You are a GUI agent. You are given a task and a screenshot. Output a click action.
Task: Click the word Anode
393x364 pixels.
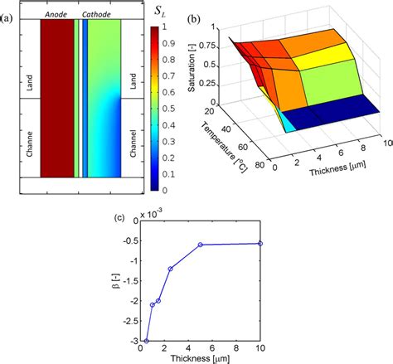click(57, 14)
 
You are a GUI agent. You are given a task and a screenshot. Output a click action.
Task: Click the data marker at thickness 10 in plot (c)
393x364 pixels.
click(260, 243)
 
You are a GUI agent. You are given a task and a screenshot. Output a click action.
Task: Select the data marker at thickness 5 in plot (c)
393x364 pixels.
click(201, 245)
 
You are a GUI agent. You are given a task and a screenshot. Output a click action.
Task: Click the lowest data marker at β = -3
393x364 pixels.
click(147, 340)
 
